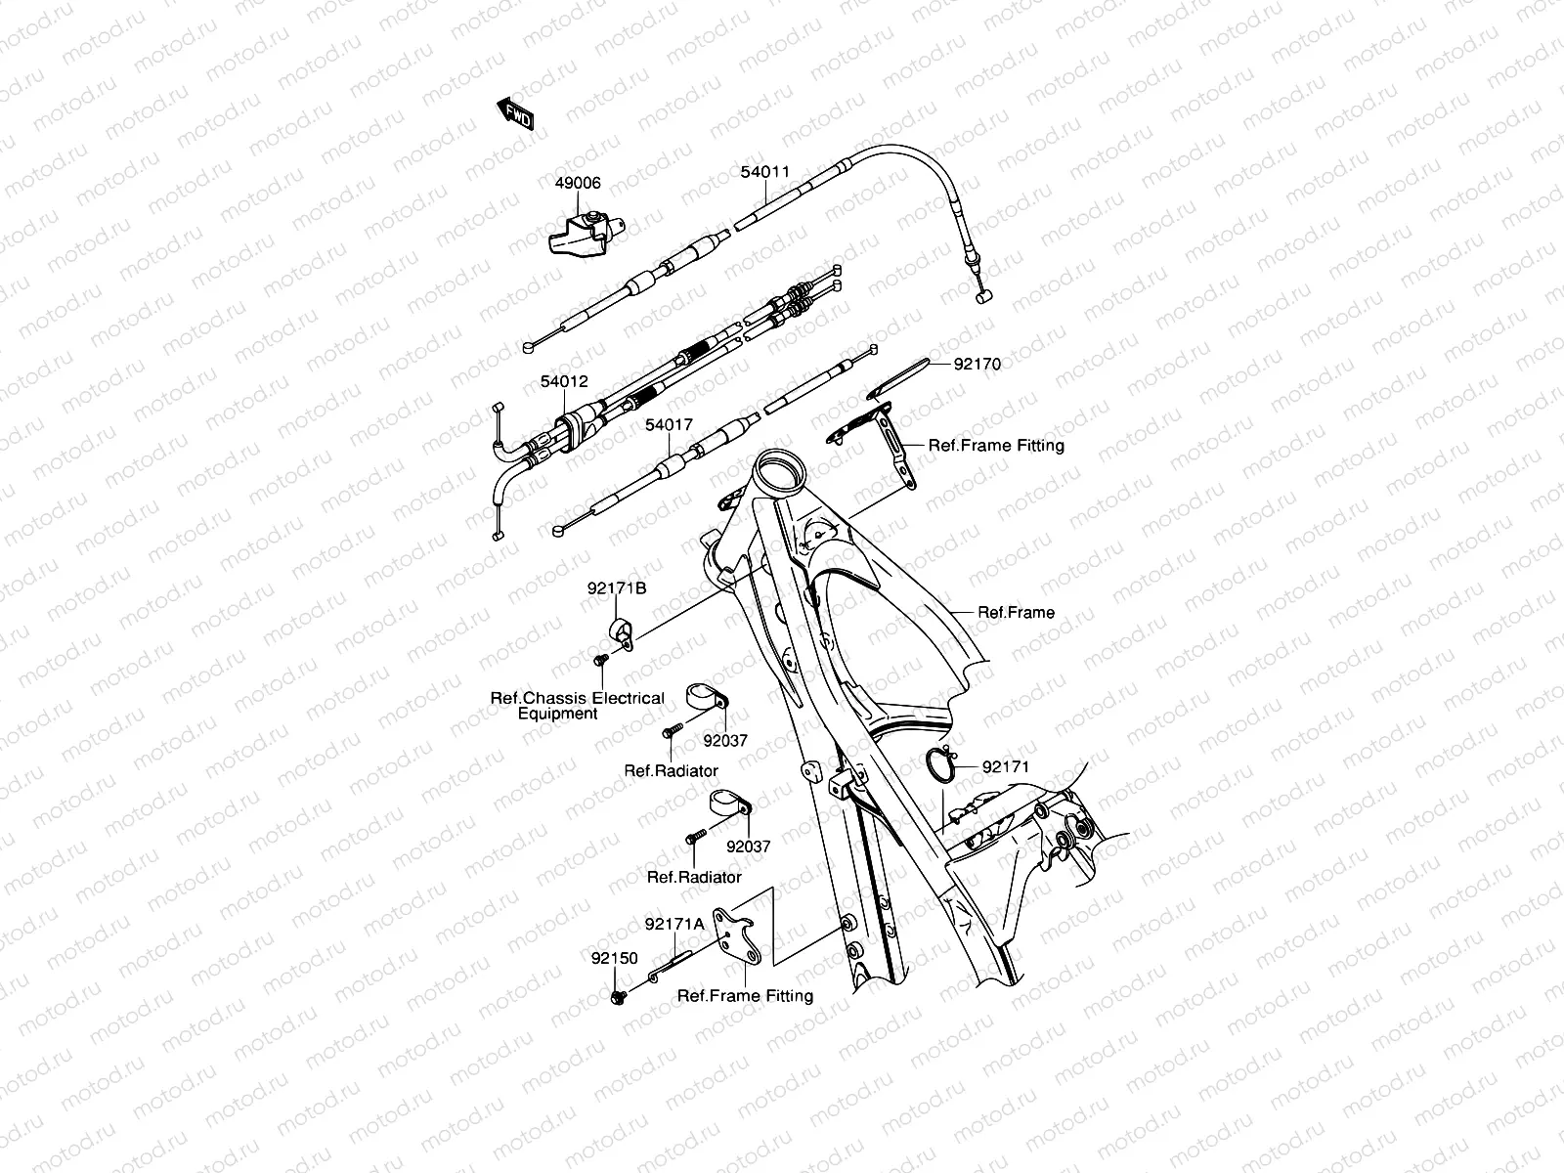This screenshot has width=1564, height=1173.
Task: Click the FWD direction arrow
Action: pyautogui.click(x=515, y=114)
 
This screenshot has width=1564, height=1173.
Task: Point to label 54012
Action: pyautogui.click(x=564, y=381)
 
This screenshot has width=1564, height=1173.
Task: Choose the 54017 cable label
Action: pyautogui.click(x=669, y=425)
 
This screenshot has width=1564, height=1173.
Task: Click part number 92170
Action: pyautogui.click(x=977, y=365)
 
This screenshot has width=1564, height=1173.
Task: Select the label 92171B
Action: pyautogui.click(x=617, y=588)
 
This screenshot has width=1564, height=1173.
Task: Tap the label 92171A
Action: pyautogui.click(x=674, y=924)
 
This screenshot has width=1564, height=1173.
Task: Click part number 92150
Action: pyautogui.click(x=613, y=958)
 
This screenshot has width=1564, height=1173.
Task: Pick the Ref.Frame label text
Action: pyautogui.click(x=1017, y=613)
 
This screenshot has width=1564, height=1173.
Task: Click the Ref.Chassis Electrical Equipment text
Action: pyautogui.click(x=577, y=706)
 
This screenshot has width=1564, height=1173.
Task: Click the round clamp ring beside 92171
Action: pyautogui.click(x=939, y=765)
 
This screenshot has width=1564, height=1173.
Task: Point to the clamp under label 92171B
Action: pyautogui.click(x=621, y=631)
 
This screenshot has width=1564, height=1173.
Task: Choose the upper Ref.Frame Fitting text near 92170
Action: pyautogui.click(x=996, y=446)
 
